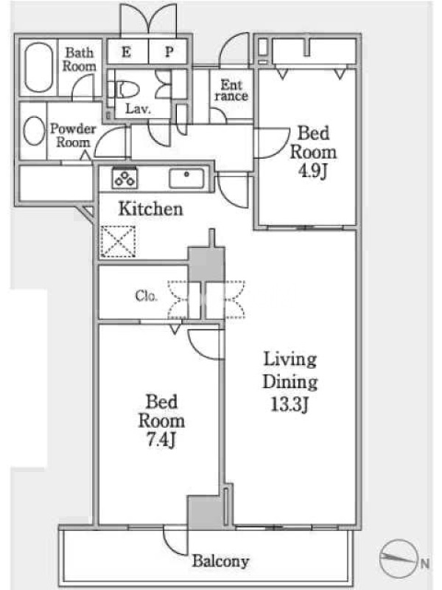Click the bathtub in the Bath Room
point(39,67)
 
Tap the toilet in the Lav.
point(126,90)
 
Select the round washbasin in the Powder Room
point(34,131)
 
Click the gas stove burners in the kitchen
point(124,177)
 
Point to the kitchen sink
point(186,178)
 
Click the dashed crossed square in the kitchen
point(118,242)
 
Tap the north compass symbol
point(399,558)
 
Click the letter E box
point(127,52)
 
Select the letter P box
point(168,52)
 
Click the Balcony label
point(220,561)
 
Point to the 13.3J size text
point(290,404)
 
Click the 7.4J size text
point(161,440)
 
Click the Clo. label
point(146,296)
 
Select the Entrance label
point(231,90)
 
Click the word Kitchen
point(151,209)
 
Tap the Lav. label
point(138,108)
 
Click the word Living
point(290,359)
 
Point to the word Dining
point(290,382)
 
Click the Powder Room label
point(73,136)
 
